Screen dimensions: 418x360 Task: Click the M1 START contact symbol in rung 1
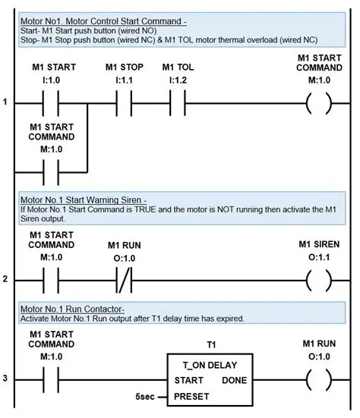point(53,101)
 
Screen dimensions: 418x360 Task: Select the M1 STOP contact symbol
point(124,101)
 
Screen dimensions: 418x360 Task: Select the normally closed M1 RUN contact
point(125,279)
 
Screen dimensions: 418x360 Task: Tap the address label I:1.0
point(53,78)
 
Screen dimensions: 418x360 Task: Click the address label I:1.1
point(124,78)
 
